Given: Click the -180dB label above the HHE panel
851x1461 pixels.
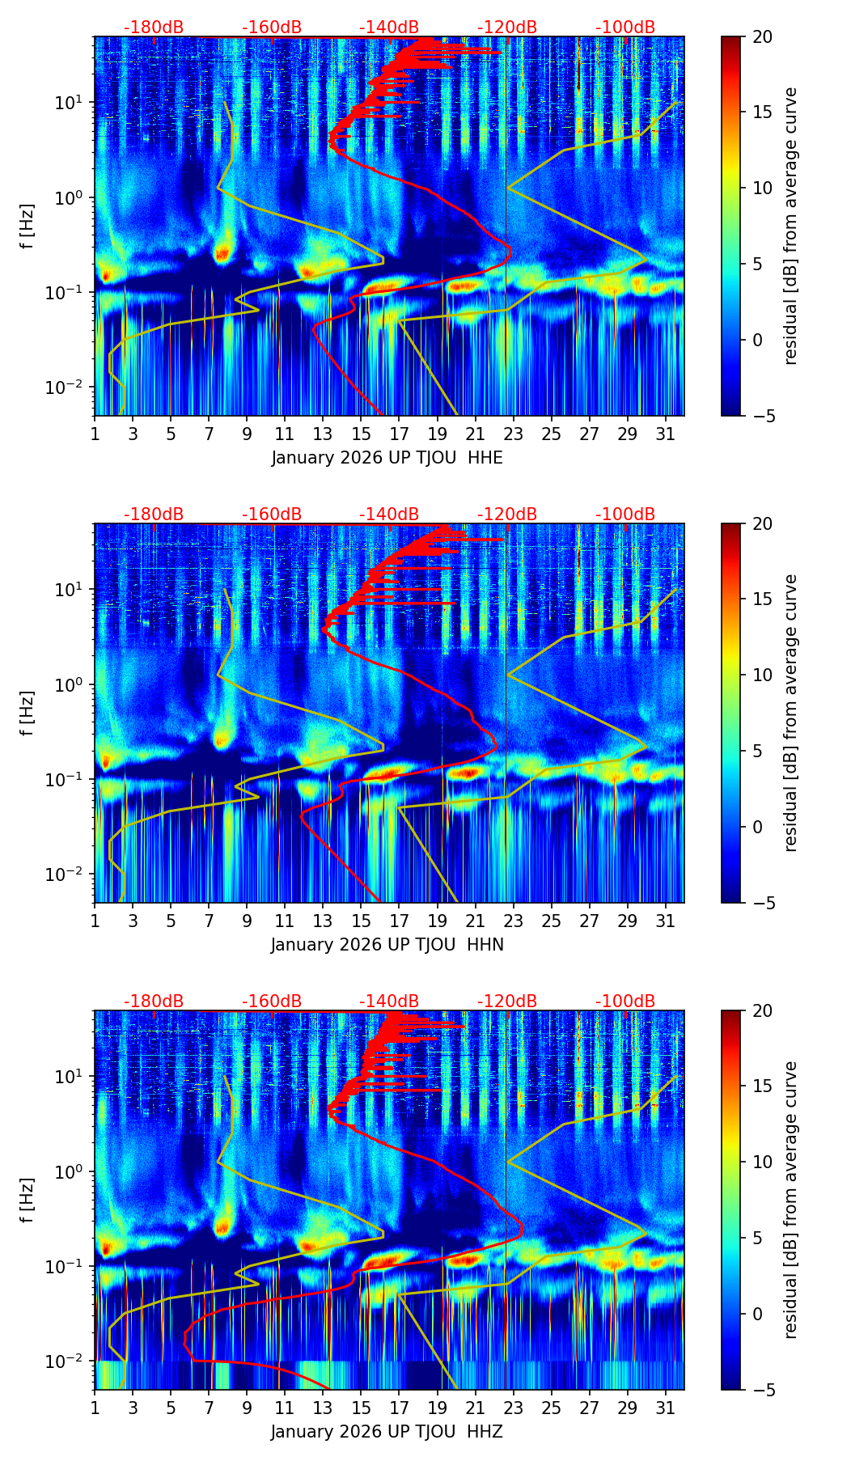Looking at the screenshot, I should (154, 28).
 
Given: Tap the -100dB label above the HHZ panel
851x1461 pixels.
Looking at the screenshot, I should (625, 1002).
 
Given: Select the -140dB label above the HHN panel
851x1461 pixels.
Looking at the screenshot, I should (389, 515).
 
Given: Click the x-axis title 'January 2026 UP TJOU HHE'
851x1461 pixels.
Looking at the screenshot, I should (387, 458).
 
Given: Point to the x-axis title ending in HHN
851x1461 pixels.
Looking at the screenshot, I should (387, 945).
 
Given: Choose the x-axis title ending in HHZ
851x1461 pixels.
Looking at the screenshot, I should (387, 1432).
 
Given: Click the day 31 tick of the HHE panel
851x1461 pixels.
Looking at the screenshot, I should (666, 434).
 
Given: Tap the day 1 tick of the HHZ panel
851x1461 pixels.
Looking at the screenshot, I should (95, 1408).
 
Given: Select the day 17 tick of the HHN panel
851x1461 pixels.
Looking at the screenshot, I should (400, 921).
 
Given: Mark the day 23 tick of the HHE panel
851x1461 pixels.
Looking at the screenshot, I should (514, 434).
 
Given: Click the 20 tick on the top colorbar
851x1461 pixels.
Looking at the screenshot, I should (761, 36).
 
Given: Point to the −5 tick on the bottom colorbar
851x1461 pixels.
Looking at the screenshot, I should (761, 1390).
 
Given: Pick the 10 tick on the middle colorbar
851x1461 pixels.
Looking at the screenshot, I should (761, 675).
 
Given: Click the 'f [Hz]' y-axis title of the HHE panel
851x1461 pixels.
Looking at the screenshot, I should (28, 227).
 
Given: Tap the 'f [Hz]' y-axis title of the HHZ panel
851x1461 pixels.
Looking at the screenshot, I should (28, 1201).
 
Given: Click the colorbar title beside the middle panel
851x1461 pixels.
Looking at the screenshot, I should (791, 713).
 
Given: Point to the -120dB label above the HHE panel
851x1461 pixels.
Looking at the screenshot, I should (507, 28).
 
